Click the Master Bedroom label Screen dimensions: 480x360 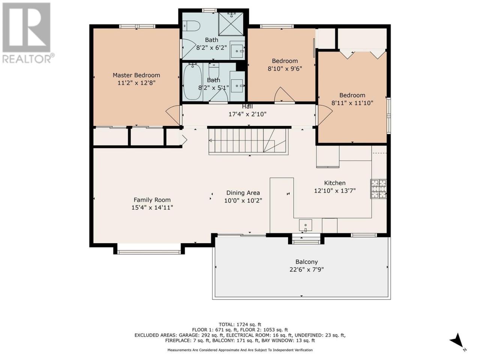136,75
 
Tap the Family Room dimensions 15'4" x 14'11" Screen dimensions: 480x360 152,207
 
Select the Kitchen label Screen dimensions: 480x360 334,183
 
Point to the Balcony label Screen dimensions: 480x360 306,262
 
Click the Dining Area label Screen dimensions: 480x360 243,193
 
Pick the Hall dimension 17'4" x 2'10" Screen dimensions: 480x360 247,114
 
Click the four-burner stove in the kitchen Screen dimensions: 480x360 378,189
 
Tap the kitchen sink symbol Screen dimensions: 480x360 306,225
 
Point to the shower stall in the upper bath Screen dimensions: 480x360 231,24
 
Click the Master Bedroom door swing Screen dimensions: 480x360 173,115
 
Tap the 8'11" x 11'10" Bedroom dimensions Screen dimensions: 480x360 352,103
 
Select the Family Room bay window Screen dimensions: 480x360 149,252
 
